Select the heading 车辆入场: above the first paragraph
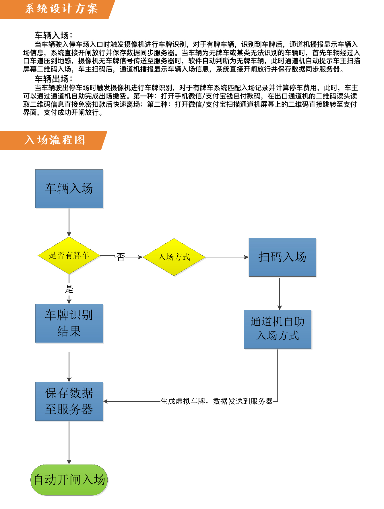coord(54,35)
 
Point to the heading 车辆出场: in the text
coord(54,79)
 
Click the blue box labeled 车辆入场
coord(69,189)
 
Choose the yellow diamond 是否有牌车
coord(69,255)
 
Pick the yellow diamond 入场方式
coord(174,257)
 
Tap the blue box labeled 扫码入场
coord(282,257)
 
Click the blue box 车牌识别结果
coord(69,323)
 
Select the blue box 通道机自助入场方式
coord(278,329)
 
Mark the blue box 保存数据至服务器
coord(69,401)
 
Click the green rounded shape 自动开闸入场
coord(69,480)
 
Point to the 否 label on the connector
coord(121,257)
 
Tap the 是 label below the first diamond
coord(69,289)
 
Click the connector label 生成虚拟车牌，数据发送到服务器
coord(217,401)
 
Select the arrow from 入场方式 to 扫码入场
coord(227,257)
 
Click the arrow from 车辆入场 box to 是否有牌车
coord(69,222)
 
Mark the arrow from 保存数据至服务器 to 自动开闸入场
coord(69,442)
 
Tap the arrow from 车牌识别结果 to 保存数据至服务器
coord(69,367)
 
